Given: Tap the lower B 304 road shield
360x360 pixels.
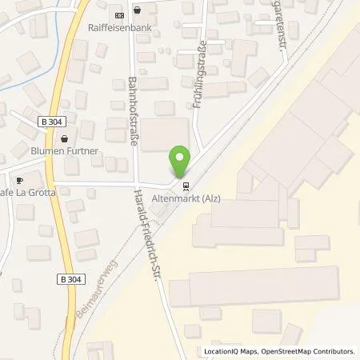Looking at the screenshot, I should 72,278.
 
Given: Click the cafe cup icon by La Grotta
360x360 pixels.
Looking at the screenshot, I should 18,180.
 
